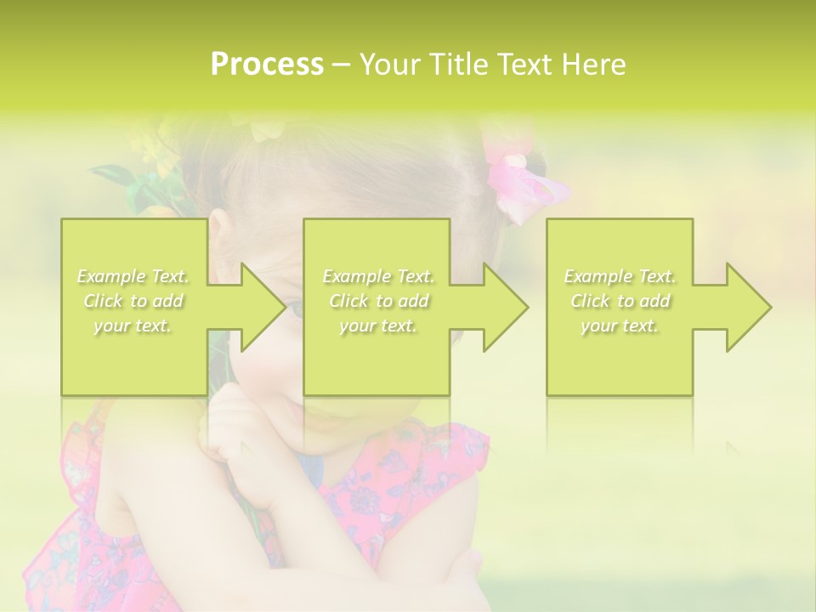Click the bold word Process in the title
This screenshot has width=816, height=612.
point(267,65)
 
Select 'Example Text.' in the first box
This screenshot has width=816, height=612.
point(133,276)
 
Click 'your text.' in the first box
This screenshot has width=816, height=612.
point(133,326)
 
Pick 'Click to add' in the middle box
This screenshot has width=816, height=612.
point(378,301)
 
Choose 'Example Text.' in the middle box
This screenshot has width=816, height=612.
point(378,276)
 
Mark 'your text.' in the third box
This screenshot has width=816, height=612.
point(620,326)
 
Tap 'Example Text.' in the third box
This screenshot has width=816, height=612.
point(620,276)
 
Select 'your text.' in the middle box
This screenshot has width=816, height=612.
point(378,326)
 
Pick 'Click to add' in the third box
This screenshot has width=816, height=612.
point(620,301)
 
